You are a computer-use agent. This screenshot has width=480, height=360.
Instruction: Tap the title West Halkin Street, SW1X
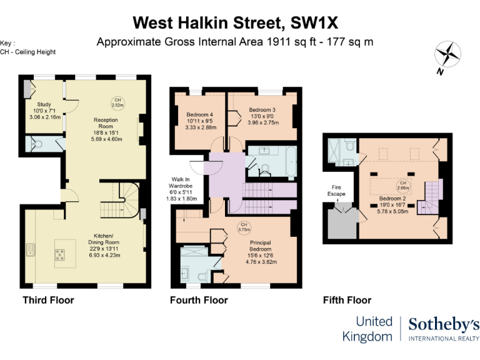tap(236, 23)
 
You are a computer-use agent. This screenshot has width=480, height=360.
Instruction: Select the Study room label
tap(44, 104)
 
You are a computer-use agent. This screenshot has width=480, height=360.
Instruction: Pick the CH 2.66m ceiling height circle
tap(403, 186)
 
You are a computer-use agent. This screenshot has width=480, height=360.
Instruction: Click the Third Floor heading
tap(48, 300)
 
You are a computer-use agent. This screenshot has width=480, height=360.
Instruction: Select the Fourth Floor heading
tap(199, 300)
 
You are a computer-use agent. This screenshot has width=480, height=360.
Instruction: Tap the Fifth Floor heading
tap(347, 300)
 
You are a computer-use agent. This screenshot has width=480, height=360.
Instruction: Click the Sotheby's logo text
tap(444, 324)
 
